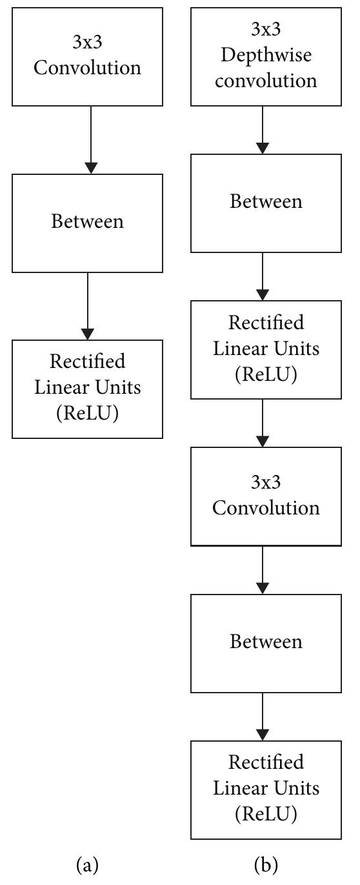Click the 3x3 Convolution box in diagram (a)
coord(87,57)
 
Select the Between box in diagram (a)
coord(87,222)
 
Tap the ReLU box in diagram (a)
coord(87,389)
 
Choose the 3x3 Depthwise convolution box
coord(266,57)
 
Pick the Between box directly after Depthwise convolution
coord(266,203)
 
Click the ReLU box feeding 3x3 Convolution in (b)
coord(266,349)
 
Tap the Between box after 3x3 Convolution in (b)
coord(266,643)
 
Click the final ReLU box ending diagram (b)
coord(266,789)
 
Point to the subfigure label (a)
coord(87,864)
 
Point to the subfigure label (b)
coord(266,864)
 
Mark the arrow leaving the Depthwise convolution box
coord(263,130)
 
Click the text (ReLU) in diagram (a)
coord(87,414)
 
